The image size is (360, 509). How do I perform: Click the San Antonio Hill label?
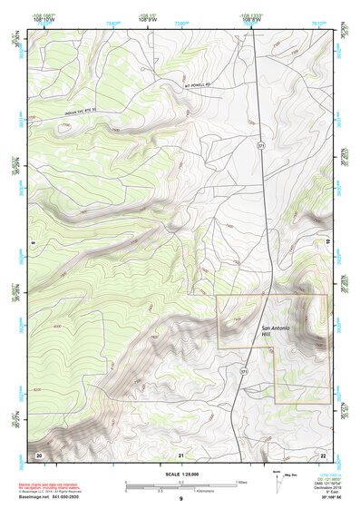pos(278,332)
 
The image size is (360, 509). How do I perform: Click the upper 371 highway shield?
pos(261,145)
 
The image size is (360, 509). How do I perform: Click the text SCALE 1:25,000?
pos(180,474)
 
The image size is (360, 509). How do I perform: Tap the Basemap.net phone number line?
pos(45,498)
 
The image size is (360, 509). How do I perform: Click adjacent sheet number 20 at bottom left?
pos(38,454)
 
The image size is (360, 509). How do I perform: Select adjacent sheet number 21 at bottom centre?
pos(180,454)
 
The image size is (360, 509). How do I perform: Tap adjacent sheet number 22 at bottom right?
pos(323,454)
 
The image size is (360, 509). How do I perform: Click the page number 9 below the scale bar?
pos(180,499)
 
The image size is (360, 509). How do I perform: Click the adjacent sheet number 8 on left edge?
pos(30,243)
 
